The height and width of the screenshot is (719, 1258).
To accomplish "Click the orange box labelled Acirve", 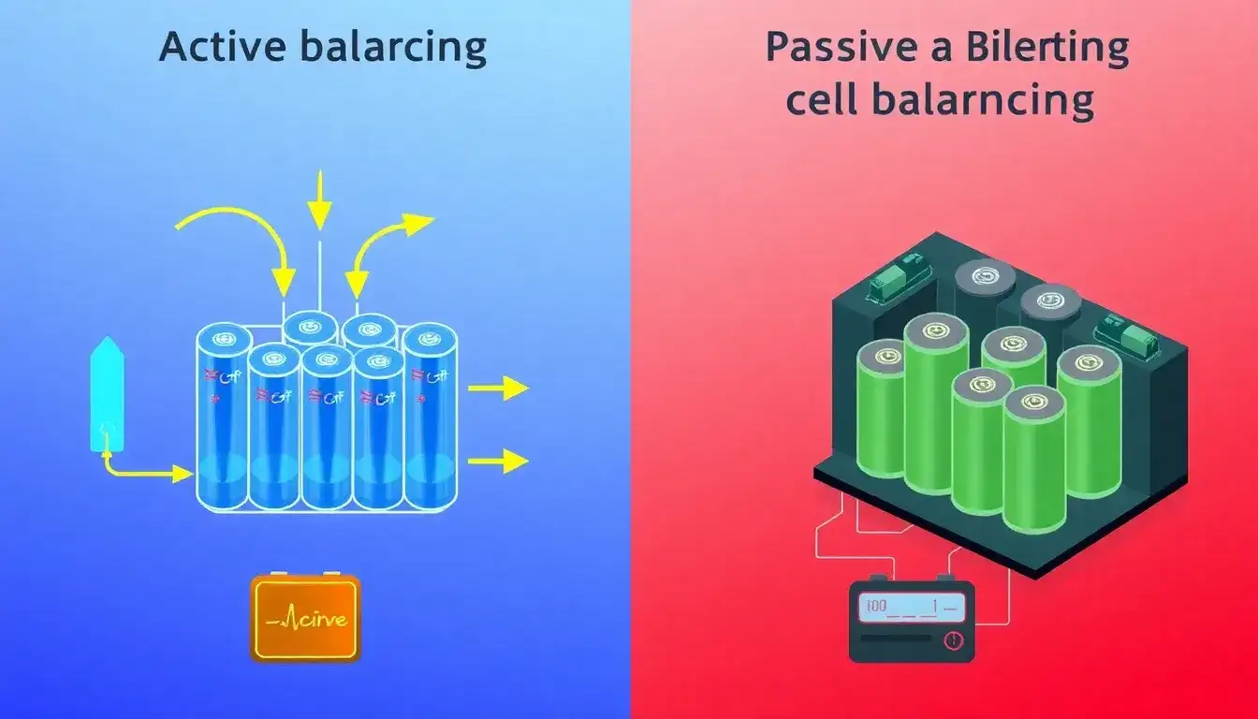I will pyautogui.click(x=305, y=619).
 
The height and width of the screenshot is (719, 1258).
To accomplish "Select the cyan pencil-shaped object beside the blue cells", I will pyautogui.click(x=107, y=394).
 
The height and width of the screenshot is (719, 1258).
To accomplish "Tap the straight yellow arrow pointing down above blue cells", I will pyautogui.click(x=320, y=202).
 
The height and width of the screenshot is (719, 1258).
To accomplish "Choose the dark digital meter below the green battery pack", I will pyautogui.click(x=911, y=621).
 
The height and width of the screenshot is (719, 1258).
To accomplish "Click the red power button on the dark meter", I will pyautogui.click(x=952, y=640).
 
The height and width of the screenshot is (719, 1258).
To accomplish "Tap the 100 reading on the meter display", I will pyautogui.click(x=876, y=607).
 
